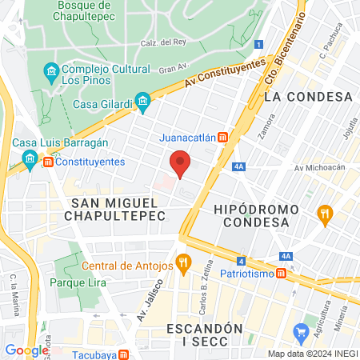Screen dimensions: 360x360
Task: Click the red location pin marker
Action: [x=181, y=162]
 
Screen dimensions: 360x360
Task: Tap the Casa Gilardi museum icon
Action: [x=143, y=101]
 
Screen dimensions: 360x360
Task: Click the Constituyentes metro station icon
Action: [x=50, y=162]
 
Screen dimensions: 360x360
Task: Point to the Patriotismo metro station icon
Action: [x=282, y=274]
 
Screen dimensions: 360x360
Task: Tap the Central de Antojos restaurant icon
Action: [x=184, y=261]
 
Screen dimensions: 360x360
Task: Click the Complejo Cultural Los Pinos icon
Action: [x=51, y=73]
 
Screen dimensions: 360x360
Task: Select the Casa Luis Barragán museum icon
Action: [x=30, y=157]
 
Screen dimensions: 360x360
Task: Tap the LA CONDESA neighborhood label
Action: [x=308, y=97]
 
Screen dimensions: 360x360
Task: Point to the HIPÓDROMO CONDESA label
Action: [x=256, y=216]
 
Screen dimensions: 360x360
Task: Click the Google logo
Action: [x=26, y=350]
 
